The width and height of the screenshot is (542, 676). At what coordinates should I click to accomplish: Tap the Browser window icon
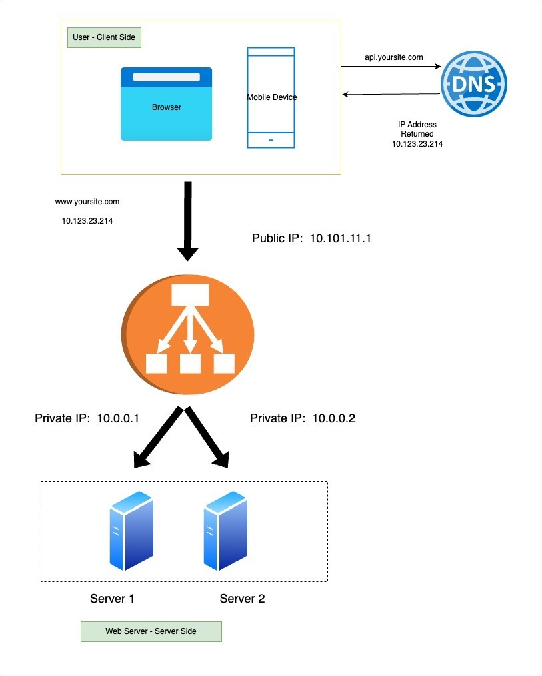pyautogui.click(x=166, y=104)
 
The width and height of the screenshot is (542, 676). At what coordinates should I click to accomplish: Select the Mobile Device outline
pyautogui.click(x=271, y=97)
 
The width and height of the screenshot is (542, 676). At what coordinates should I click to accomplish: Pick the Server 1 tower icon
pyautogui.click(x=131, y=530)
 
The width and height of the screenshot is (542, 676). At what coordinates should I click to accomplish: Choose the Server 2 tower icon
pyautogui.click(x=224, y=530)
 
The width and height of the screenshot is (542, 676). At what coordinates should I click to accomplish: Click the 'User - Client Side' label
pyautogui.click(x=104, y=37)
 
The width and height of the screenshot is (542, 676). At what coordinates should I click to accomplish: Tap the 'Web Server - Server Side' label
pyautogui.click(x=151, y=631)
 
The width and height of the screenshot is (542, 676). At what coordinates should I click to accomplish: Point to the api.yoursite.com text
pyautogui.click(x=393, y=57)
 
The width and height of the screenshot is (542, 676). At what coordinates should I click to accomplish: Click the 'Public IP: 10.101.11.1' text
pyautogui.click(x=311, y=238)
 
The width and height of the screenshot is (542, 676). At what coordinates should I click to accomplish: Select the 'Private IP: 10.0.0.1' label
pyautogui.click(x=87, y=419)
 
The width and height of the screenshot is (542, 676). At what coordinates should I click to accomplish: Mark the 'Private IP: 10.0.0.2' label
pyautogui.click(x=303, y=419)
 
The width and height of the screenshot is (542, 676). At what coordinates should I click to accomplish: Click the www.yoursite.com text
pyautogui.click(x=87, y=201)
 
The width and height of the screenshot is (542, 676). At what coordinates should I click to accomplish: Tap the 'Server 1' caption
pyautogui.click(x=112, y=599)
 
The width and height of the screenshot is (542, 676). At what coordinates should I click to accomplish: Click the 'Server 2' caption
pyautogui.click(x=242, y=599)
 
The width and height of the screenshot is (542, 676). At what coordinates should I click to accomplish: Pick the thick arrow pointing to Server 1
pyautogui.click(x=158, y=436)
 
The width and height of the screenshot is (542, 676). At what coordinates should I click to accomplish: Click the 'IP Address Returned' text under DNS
pyautogui.click(x=417, y=129)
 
